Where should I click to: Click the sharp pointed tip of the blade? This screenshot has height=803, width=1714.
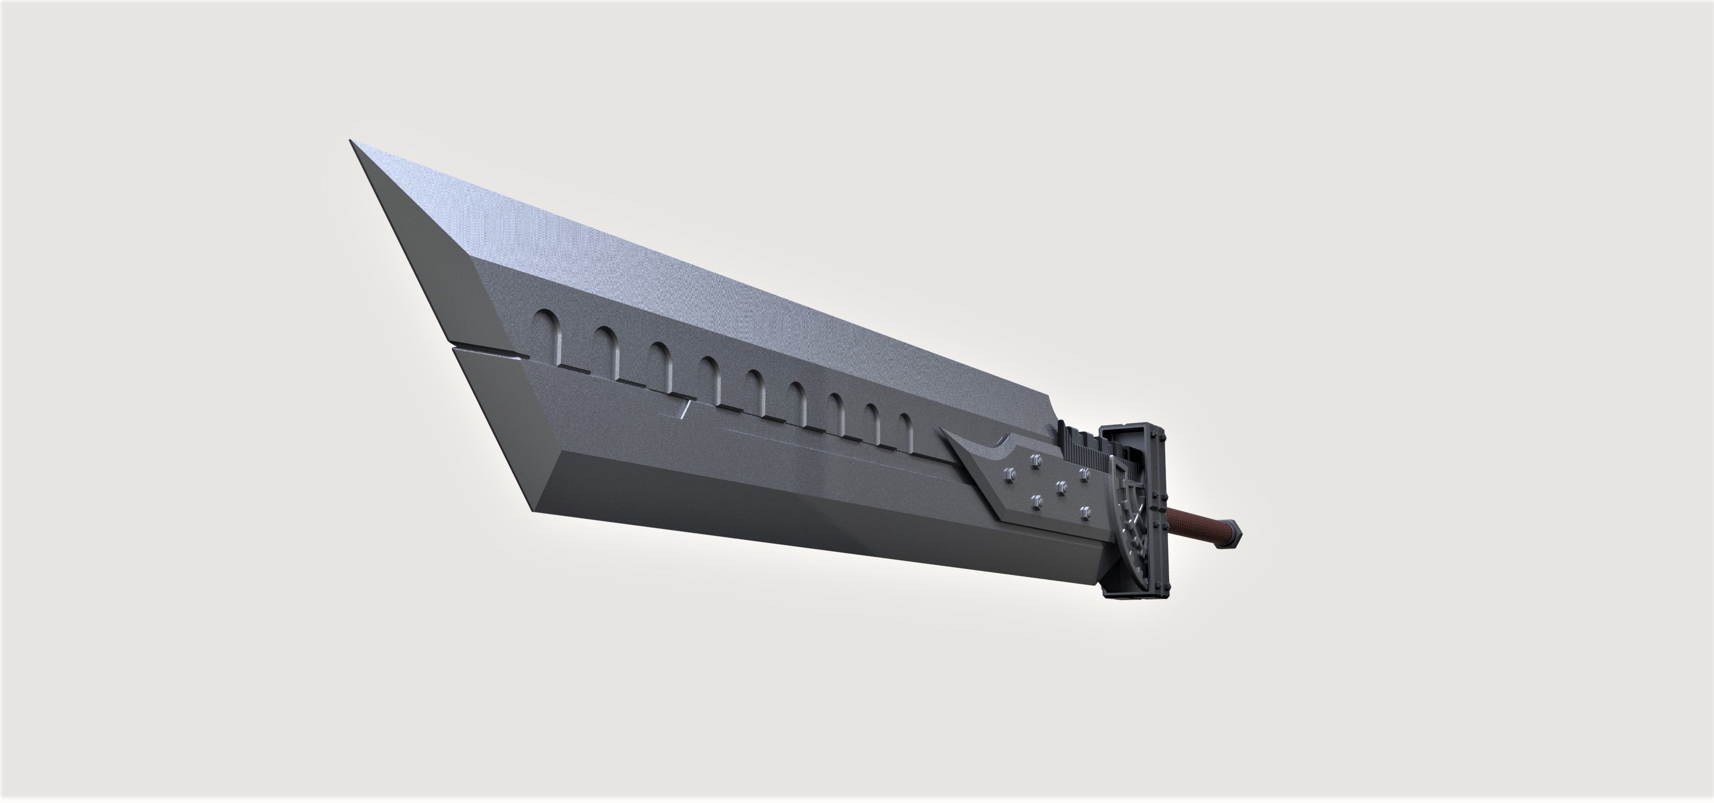[352, 142]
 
